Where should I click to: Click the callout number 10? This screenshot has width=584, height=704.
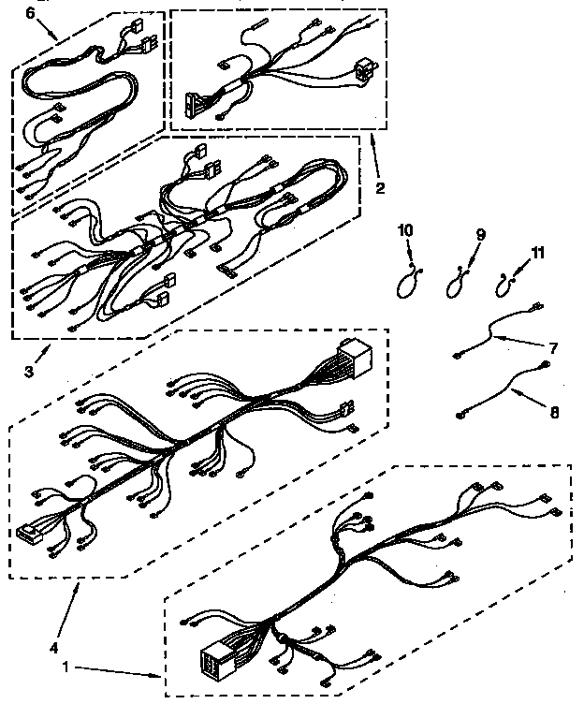coord(405,230)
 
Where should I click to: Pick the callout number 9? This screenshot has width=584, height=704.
coord(481,235)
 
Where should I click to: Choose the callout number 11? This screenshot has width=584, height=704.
coord(536,253)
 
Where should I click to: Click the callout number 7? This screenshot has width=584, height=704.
coord(552,348)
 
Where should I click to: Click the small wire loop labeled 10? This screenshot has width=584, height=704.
coord(404,281)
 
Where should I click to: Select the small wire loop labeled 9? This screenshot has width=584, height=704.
coord(457,280)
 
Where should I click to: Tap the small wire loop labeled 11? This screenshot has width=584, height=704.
coord(508,277)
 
